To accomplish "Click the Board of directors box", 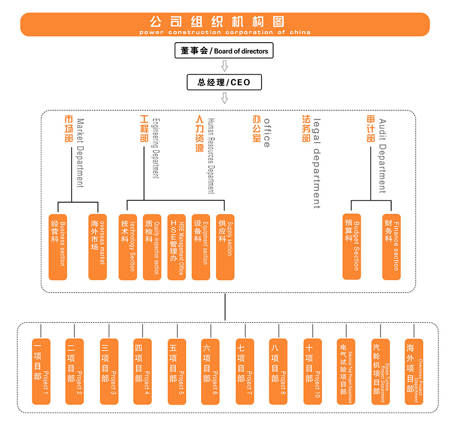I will tap(224, 51).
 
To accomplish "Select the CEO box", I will tap(224, 82).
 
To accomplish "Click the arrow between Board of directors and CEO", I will tap(224, 66).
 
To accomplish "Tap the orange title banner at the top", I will tap(225, 24).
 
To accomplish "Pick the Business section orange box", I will tap(58, 247).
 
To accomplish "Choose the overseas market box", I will tap(97, 247).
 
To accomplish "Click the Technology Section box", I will tap(128, 247).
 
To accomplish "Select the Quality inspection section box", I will tap(152, 247).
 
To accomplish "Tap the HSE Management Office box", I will tap(177, 247).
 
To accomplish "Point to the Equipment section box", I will tap(201, 247).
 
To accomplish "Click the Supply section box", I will tap(225, 247).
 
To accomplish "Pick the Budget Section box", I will tap(352, 247).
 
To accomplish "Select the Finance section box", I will tap(392, 247).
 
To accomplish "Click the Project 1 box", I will tap(41, 371).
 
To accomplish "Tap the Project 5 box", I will tap(177, 371).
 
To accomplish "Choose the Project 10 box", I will tap(313, 371).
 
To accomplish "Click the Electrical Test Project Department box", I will tap(347, 371).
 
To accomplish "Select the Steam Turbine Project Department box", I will tap(381, 371).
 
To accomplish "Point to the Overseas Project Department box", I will tap(414, 371).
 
